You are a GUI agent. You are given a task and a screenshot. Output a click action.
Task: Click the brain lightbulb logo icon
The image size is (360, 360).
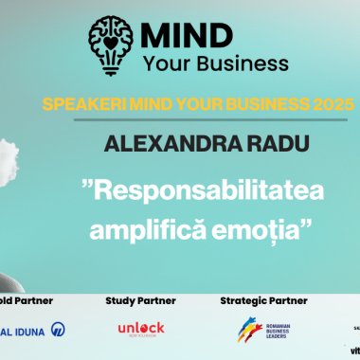point(109,44)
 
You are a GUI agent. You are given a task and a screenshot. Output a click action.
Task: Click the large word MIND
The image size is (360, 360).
point(188,35)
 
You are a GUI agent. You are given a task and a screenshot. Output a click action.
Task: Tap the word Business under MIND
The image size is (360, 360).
point(237,64)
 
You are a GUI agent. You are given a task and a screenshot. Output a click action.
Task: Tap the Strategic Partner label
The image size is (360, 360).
point(263,301)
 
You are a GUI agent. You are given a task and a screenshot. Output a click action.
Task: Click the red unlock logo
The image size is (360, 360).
point(140,330)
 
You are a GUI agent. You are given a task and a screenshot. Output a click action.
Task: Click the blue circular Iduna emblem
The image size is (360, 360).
point(58,330)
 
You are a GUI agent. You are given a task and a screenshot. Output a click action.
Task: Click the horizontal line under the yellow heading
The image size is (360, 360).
point(180,118)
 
